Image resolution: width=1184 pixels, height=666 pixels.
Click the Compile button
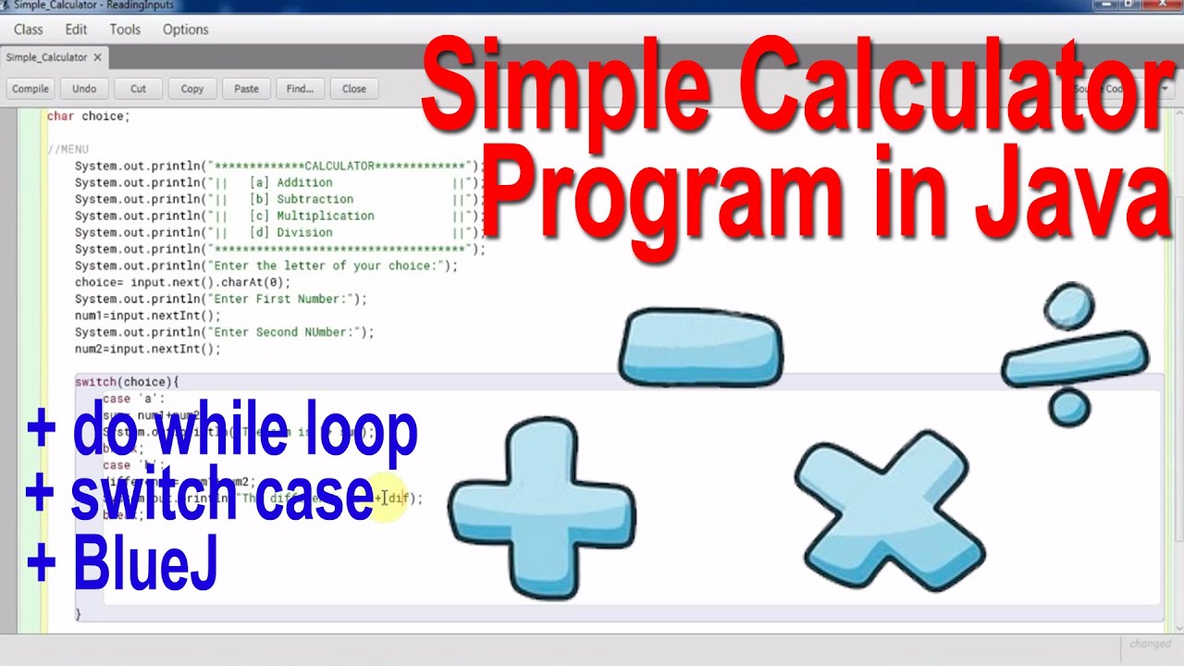click(x=31, y=89)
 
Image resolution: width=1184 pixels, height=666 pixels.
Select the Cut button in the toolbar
click(x=138, y=89)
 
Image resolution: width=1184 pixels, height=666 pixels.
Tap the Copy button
click(x=192, y=89)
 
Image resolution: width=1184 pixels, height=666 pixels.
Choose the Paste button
click(x=246, y=89)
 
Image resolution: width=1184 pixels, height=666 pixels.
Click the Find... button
click(x=300, y=89)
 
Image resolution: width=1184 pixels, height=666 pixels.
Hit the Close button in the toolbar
click(x=354, y=89)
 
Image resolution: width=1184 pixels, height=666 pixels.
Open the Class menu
click(x=29, y=30)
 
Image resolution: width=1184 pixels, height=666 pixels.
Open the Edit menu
click(x=76, y=30)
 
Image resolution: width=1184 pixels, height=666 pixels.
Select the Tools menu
click(x=125, y=30)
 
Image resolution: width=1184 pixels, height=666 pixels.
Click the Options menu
click(x=186, y=30)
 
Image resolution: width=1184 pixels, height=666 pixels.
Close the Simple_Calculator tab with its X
click(x=98, y=57)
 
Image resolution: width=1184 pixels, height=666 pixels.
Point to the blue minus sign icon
click(x=700, y=347)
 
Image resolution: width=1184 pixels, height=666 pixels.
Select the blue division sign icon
click(x=1074, y=355)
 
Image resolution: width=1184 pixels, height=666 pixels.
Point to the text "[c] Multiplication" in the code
click(x=312, y=216)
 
